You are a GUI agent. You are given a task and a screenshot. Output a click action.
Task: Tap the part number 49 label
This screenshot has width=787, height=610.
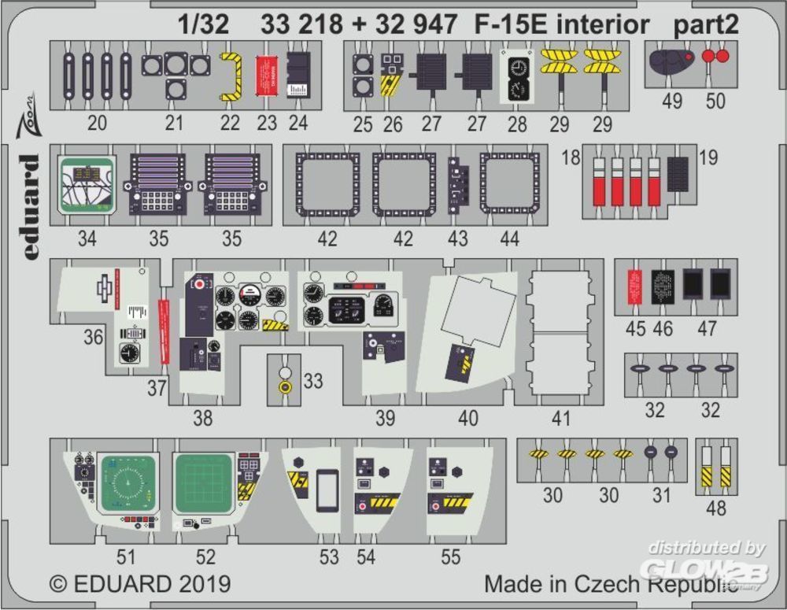point(674,102)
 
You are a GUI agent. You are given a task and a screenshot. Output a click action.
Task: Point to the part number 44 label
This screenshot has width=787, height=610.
point(510,238)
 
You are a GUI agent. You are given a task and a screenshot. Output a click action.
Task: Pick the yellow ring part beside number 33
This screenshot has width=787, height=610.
point(286,387)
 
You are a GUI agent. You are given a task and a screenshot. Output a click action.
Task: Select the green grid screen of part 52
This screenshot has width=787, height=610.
point(203,482)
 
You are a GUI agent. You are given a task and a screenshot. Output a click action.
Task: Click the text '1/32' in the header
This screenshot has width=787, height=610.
point(204,26)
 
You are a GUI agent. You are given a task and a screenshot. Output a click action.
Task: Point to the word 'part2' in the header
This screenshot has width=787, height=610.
point(706,26)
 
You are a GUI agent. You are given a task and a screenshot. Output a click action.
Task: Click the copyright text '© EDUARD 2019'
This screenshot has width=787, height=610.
point(140,584)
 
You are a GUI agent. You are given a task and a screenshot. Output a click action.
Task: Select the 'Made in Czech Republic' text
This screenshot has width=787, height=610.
point(610,585)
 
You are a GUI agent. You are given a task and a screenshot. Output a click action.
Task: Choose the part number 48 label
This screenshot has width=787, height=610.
point(716,509)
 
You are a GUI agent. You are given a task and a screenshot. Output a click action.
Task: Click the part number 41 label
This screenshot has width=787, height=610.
point(560,419)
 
